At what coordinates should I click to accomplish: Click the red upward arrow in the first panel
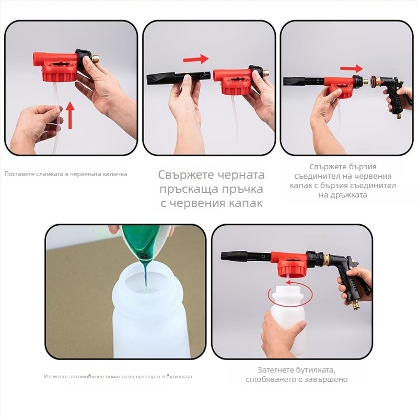pos(70,115)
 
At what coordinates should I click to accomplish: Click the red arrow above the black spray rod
pos(195,59)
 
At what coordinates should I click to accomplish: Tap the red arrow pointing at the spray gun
pos(351,68)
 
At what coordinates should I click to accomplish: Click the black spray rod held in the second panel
pos(179,78)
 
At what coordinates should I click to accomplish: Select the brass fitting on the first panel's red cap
pos(95,57)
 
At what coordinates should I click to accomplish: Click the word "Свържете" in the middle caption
pos(186,175)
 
